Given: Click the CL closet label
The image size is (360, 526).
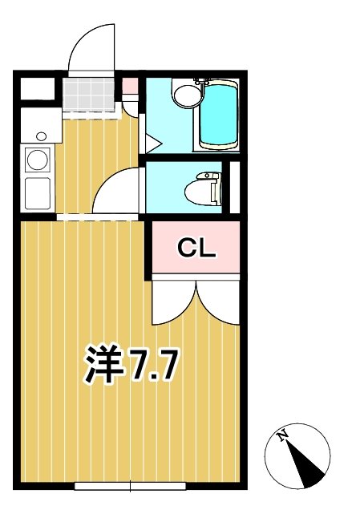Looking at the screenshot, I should pos(196,249).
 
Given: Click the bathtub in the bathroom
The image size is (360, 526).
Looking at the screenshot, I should pos(218,117).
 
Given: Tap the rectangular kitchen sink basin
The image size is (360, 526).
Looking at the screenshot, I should pos(38,193).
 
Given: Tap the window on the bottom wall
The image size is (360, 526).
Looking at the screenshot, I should pos(130,485).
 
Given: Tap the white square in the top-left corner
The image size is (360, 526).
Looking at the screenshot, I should pos(37,88).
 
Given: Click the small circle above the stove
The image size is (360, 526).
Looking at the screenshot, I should pos(39,136).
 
